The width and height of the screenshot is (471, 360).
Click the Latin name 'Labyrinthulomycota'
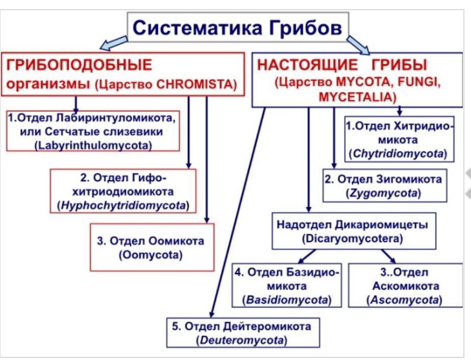[x=93, y=145]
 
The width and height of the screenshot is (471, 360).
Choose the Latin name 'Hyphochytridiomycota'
[x=123, y=206]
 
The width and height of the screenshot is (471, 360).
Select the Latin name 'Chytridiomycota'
[x=399, y=153]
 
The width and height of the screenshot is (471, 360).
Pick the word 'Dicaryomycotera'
[x=353, y=238]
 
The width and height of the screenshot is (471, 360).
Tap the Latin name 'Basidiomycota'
[x=287, y=300]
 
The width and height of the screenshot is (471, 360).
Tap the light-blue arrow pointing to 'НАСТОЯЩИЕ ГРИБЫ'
[x=359, y=45]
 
